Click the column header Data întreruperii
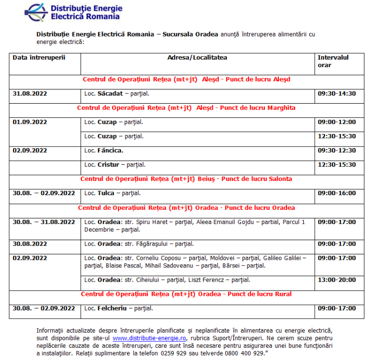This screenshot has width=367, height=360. [39, 58]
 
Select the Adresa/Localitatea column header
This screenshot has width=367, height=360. [197, 58]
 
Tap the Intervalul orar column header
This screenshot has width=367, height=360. [333, 61]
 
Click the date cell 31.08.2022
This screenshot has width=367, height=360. [30, 94]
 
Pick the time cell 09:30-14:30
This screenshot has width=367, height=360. [337, 94]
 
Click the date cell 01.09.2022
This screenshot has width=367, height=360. [30, 122]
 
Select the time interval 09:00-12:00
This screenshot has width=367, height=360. [337, 122]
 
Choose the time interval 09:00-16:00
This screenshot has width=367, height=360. [337, 193]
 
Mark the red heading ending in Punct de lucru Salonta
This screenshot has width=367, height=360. [186, 179]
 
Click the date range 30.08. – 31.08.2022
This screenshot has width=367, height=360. [44, 222]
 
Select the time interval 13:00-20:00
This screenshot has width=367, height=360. [337, 280]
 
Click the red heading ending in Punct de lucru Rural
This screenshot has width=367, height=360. [186, 294]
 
